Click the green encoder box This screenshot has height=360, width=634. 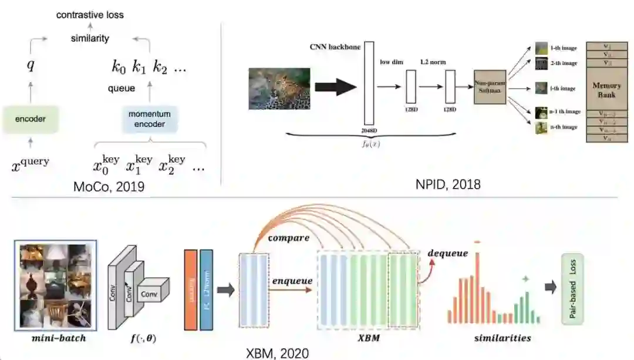point(31,119)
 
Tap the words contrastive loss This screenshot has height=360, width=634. point(90,14)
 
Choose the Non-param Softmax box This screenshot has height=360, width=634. point(490,88)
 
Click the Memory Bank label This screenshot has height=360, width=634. point(606,89)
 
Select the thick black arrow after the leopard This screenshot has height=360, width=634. point(335,87)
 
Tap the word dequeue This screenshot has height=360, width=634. point(448,253)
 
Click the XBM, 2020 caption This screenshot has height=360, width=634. point(277,352)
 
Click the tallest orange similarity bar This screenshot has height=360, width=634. point(478,287)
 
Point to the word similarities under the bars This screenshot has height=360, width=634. point(503,338)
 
